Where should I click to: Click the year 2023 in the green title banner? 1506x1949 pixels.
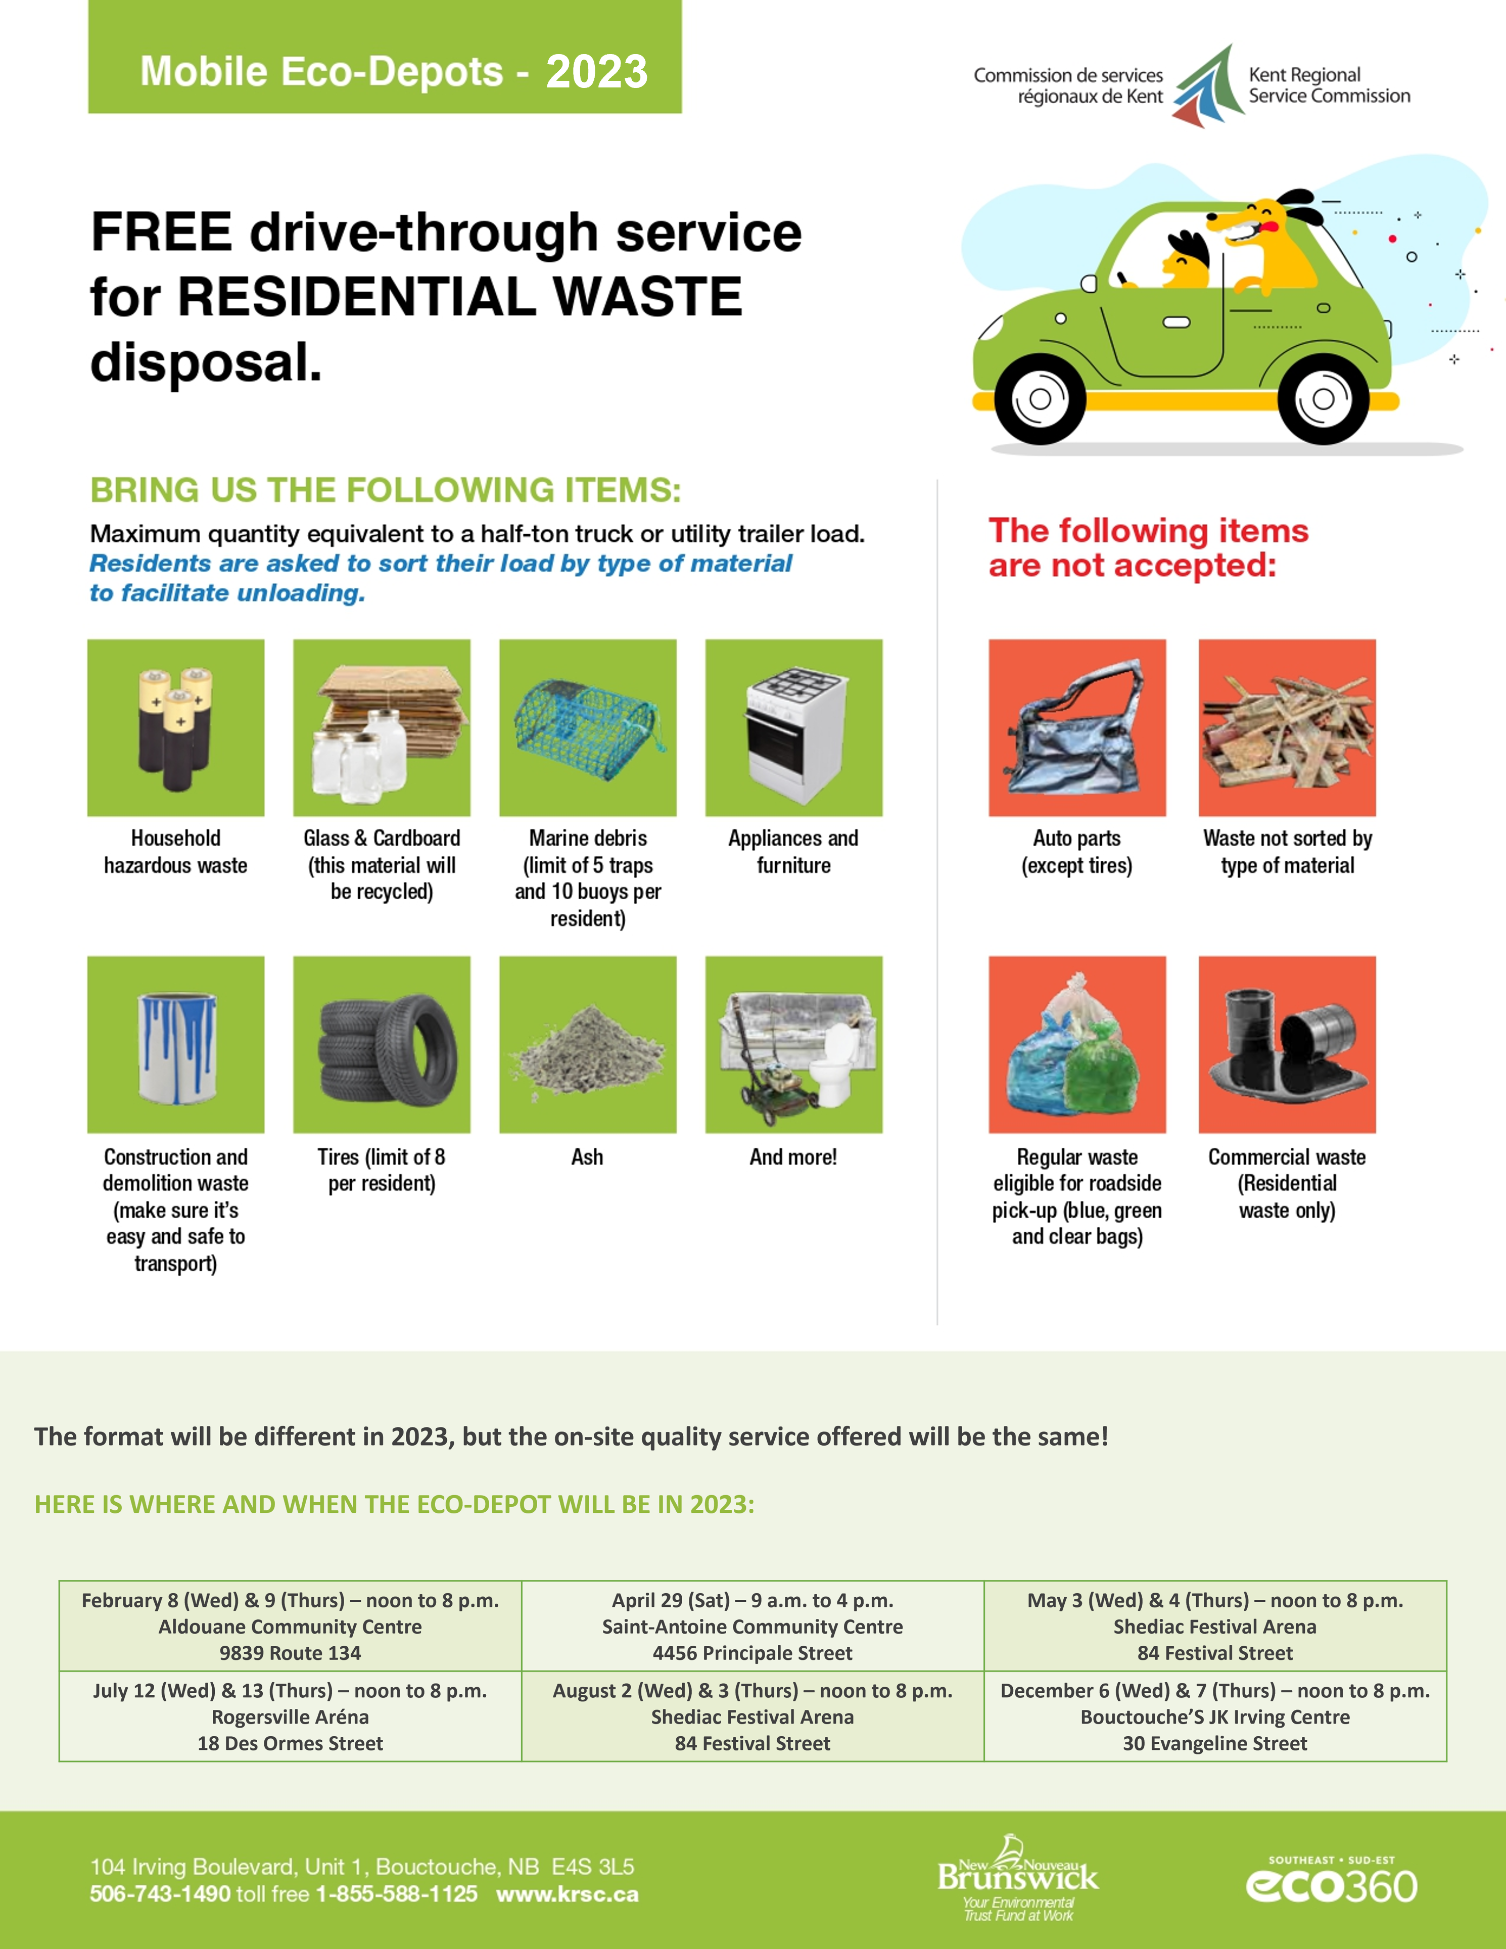click(596, 71)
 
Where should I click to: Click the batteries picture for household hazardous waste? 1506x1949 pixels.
click(176, 727)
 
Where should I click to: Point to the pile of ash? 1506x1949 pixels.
click(588, 1050)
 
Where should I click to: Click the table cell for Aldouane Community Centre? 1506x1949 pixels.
click(290, 1626)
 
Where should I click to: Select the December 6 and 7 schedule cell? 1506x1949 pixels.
click(1214, 1716)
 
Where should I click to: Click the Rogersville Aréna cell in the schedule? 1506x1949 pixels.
click(290, 1716)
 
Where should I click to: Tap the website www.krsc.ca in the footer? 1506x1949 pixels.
click(568, 1894)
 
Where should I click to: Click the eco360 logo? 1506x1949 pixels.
click(1331, 1882)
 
